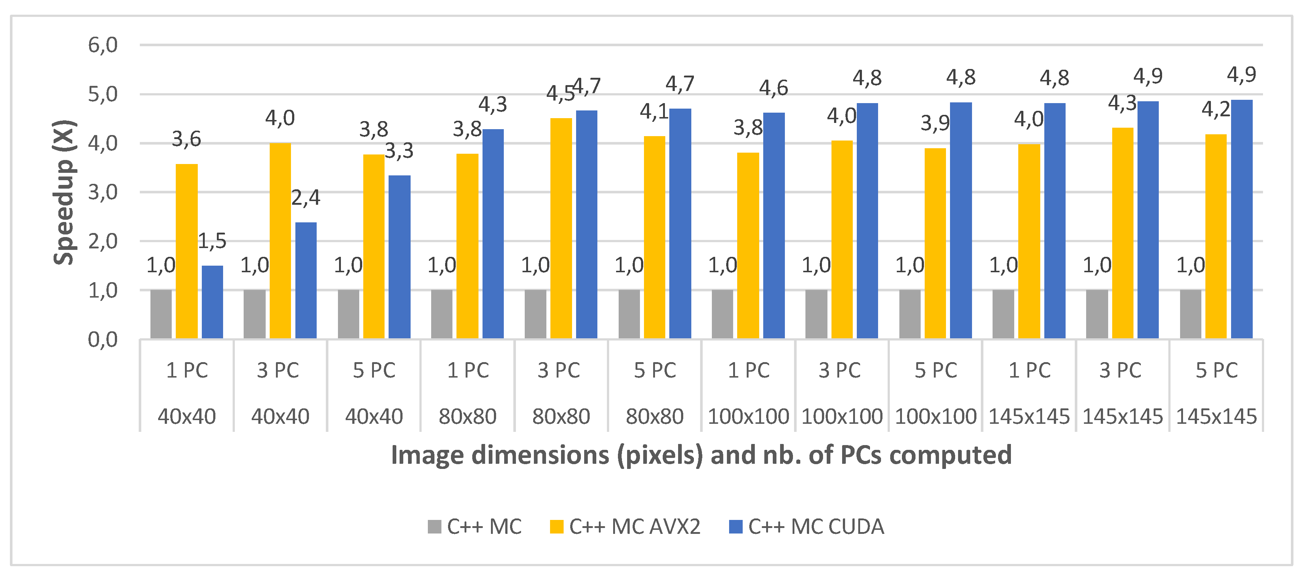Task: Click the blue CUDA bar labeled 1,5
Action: click(x=212, y=302)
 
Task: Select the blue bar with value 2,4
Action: click(x=306, y=280)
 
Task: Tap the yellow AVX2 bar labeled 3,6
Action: click(x=187, y=251)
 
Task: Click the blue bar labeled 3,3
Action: click(x=400, y=257)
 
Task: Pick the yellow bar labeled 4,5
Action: click(x=561, y=228)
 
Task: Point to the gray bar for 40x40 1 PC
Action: click(x=161, y=314)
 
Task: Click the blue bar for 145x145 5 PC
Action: click(x=1242, y=219)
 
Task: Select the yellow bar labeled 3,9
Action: click(x=935, y=243)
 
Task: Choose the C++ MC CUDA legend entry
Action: click(x=815, y=527)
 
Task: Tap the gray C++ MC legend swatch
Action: click(x=434, y=527)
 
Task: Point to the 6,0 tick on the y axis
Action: click(x=103, y=45)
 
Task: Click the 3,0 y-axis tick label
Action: click(x=103, y=192)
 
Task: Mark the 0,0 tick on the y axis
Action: click(x=103, y=340)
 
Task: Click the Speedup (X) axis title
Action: click(x=65, y=192)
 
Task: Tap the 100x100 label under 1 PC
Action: click(x=748, y=416)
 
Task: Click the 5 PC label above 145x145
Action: click(x=1216, y=370)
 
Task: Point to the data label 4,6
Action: click(x=774, y=88)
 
